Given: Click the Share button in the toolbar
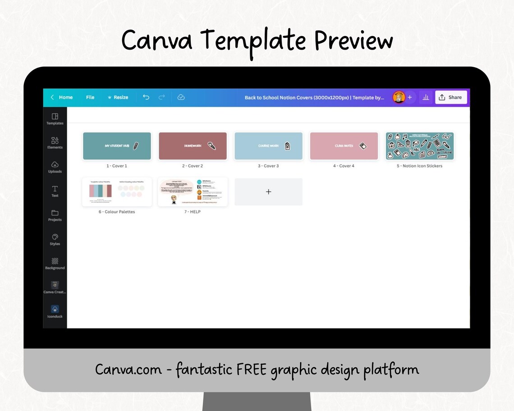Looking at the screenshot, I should click(450, 97).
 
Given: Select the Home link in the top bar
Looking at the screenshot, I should click(62, 97).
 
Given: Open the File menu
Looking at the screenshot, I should click(90, 97).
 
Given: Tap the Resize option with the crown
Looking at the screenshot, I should click(118, 97).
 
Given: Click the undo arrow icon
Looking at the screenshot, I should click(146, 97).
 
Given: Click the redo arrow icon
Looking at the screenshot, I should click(162, 97).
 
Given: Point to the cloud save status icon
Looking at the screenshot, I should click(181, 97).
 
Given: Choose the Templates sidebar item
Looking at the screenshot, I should click(55, 119).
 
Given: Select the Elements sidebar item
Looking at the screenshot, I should click(55, 143).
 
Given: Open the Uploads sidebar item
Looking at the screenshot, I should click(55, 167).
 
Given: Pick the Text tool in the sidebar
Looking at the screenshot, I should click(55, 191).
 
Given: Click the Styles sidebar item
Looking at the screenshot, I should click(55, 239).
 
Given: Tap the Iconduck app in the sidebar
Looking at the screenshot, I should click(55, 311).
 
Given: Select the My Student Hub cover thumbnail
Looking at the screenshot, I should click(117, 146).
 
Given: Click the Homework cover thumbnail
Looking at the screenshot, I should click(193, 146).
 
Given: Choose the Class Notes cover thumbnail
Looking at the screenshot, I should click(344, 146).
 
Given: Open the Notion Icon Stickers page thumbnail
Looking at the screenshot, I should click(419, 146).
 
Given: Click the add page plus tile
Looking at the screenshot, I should click(268, 192).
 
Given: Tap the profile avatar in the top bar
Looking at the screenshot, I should click(399, 97).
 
